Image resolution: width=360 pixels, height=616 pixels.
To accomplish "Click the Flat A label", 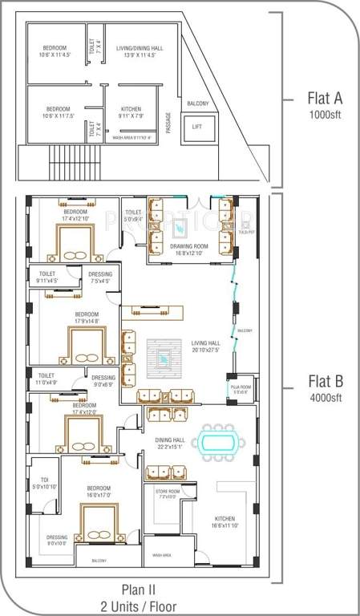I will pyautogui.click(x=325, y=99).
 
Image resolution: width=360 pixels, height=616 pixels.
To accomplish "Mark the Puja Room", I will pyautogui.click(x=241, y=389).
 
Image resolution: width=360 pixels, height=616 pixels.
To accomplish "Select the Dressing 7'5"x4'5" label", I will pyautogui.click(x=100, y=278).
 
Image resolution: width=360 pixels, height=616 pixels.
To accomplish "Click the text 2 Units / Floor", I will pyautogui.click(x=144, y=607).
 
